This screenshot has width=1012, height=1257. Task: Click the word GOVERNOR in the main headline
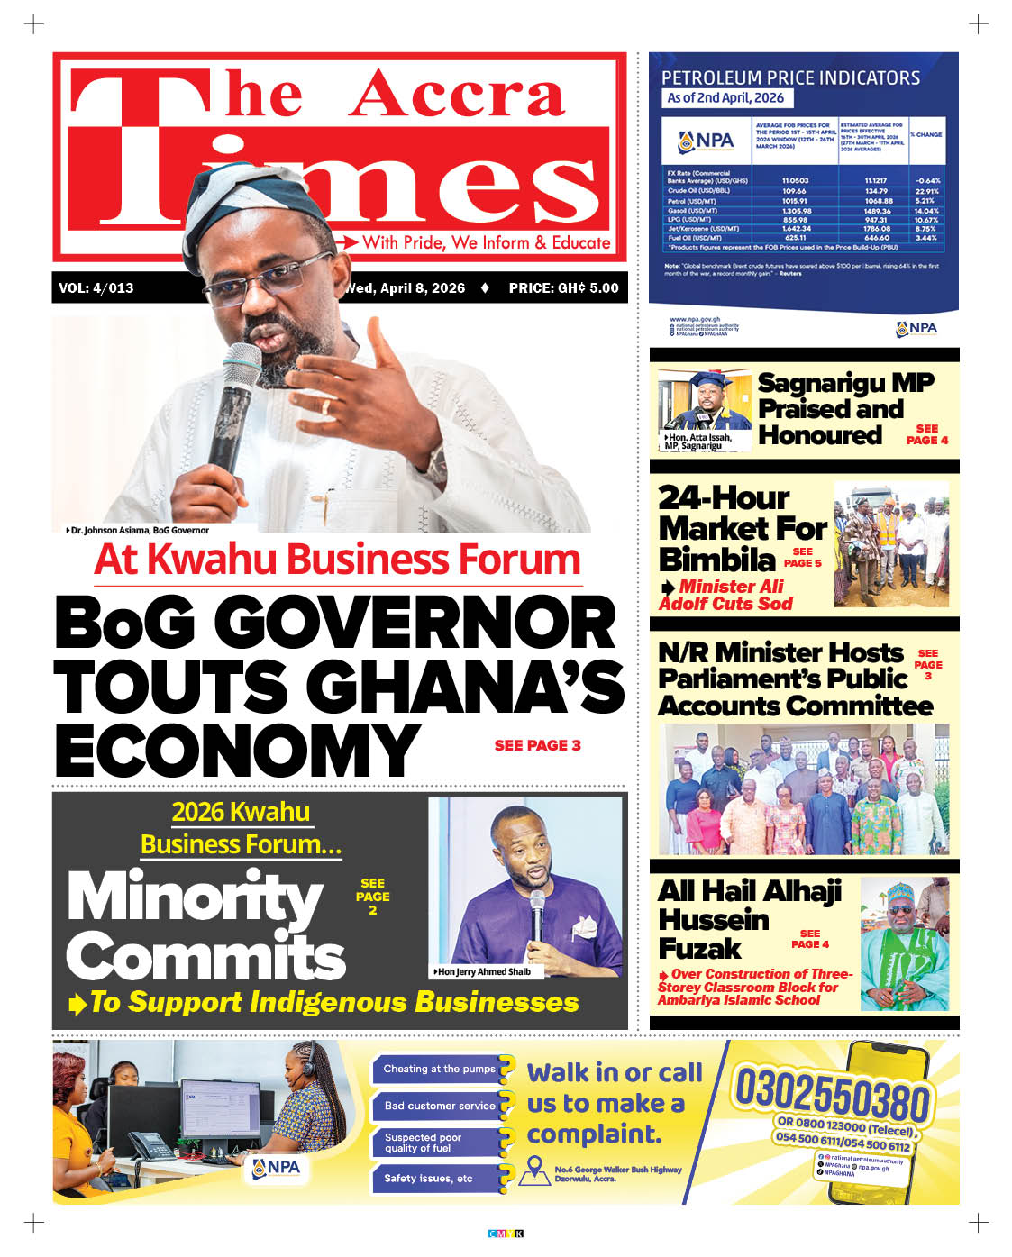click(415, 623)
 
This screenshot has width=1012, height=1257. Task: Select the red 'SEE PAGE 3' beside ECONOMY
click(537, 745)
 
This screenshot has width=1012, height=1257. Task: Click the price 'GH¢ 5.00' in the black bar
click(588, 288)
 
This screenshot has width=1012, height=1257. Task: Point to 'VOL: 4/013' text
click(96, 288)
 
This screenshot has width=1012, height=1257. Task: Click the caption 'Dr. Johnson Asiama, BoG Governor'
click(140, 531)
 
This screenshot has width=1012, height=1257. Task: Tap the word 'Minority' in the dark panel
click(195, 898)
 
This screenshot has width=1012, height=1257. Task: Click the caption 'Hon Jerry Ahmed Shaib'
click(483, 972)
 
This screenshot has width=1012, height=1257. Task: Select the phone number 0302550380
click(830, 1095)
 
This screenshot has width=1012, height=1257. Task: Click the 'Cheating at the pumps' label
click(439, 1070)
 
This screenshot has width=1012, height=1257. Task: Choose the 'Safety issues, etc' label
click(428, 1179)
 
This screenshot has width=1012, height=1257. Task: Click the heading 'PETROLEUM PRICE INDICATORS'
click(790, 77)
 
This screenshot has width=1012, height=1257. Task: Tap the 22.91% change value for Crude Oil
click(926, 191)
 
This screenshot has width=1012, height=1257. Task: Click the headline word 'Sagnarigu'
click(821, 383)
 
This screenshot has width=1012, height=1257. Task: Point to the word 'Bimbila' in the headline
click(716, 560)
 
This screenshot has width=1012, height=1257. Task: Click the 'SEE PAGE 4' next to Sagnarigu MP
click(926, 434)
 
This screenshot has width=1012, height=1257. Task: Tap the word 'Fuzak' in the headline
click(699, 949)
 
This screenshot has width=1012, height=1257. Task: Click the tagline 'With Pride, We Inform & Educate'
click(486, 242)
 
